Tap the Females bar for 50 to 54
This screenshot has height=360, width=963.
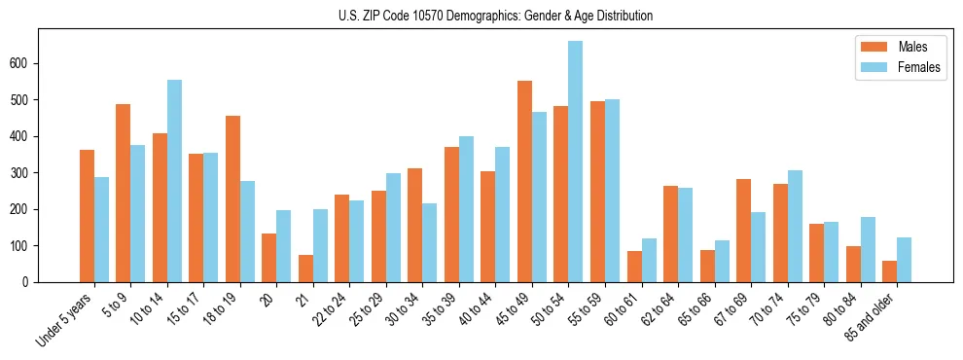(576, 162)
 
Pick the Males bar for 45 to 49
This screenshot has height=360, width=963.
(524, 181)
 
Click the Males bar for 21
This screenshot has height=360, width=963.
(305, 269)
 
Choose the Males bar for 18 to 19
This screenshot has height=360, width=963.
(232, 198)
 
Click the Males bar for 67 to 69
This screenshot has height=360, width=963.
(743, 231)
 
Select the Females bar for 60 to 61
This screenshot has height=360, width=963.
(649, 260)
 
